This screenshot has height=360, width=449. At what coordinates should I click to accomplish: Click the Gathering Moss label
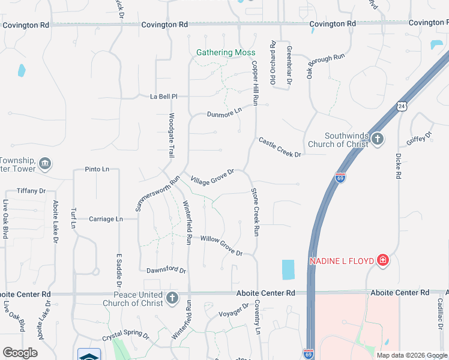coord(226,53)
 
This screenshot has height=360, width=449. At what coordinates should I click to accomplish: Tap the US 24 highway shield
coord(401,106)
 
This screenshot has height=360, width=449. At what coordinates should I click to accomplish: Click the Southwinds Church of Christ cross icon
coord(377,139)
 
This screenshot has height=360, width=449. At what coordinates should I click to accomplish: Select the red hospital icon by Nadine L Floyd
coord(382,260)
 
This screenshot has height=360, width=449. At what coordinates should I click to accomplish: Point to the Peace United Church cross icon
coord(172,298)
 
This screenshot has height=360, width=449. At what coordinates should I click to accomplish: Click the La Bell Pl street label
coord(164,96)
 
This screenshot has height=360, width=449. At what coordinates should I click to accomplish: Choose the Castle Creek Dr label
coord(279,148)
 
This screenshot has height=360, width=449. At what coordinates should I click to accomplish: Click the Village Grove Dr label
coord(212,177)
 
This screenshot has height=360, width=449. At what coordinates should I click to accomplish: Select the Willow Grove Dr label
coord(221,246)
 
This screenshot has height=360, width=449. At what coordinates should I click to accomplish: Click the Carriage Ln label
coord(105,219)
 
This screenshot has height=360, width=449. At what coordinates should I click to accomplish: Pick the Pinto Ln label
coord(97,170)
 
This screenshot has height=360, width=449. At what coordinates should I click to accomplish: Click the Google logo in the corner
coord(20,353)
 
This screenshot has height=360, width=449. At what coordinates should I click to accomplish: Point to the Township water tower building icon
coord(44,164)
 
